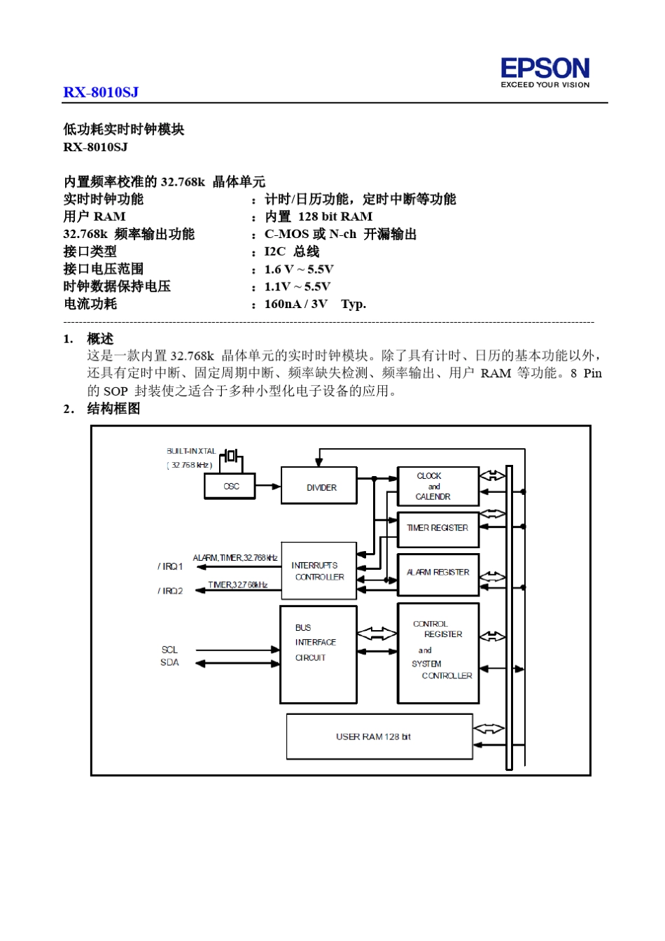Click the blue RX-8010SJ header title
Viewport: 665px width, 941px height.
point(101,92)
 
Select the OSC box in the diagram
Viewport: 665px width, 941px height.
point(230,486)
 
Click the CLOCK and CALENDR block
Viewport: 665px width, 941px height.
point(437,486)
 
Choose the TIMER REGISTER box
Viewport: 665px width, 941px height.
point(437,529)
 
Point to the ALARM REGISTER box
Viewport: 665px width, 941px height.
point(437,573)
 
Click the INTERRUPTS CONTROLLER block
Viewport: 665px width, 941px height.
point(318,571)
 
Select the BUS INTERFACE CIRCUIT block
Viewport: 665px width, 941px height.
point(318,653)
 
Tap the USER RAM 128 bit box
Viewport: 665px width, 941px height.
point(379,737)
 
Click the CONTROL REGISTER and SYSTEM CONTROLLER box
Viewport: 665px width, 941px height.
point(438,653)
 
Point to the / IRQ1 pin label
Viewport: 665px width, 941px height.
point(170,566)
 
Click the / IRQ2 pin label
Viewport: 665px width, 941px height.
point(170,591)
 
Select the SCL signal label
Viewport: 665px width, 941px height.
point(169,650)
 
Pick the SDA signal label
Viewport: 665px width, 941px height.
point(169,662)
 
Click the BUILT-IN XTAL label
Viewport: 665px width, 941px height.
point(191,452)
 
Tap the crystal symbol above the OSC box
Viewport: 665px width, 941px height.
point(231,459)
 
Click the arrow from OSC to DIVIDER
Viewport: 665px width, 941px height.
point(268,486)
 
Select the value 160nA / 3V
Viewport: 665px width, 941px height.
point(295,304)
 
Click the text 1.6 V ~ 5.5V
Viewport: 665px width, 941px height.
point(299,269)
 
